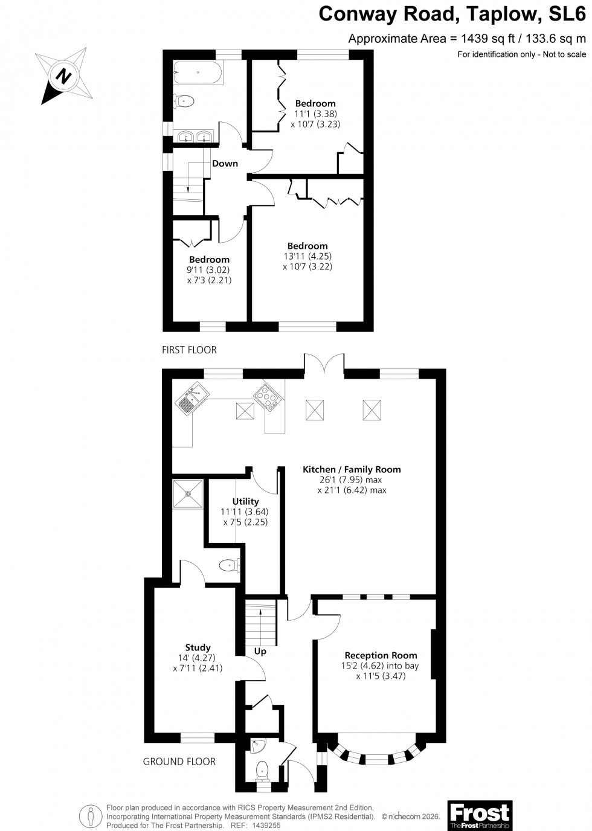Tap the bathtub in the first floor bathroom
(198, 72)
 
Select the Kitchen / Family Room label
(352, 469)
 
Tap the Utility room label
(245, 501)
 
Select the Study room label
(198, 647)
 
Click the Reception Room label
(381, 655)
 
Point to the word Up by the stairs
(260, 652)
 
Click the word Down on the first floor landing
(225, 164)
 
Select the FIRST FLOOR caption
(189, 350)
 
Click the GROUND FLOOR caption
(179, 762)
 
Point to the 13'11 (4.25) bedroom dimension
(307, 256)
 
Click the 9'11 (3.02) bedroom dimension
(210, 270)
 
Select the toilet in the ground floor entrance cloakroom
(263, 771)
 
